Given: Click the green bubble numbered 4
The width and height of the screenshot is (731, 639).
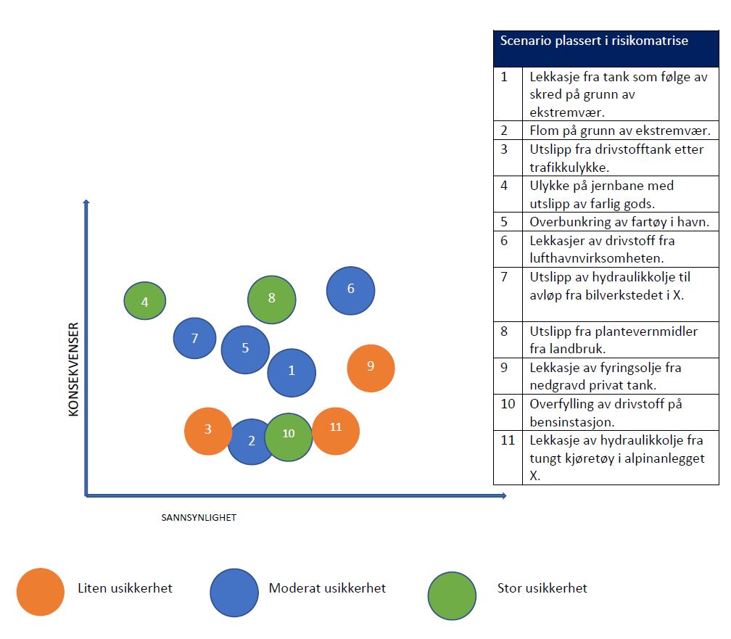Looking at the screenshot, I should click(145, 300).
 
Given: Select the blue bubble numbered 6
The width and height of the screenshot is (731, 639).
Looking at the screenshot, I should click(350, 290).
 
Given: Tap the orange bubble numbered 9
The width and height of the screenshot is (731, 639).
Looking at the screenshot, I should click(371, 368).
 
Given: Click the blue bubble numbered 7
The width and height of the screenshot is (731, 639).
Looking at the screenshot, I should click(194, 338).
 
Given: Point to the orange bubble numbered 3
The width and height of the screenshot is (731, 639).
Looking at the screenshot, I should click(208, 430).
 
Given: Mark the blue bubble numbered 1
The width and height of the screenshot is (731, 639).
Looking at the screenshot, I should click(292, 372).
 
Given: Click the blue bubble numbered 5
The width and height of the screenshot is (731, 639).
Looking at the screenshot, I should click(245, 349).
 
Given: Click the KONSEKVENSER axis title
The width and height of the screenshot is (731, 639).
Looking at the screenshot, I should click(73, 369).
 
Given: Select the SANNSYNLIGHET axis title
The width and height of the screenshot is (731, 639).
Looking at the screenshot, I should click(199, 518).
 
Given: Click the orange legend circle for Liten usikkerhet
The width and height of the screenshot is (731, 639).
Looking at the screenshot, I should click(41, 591).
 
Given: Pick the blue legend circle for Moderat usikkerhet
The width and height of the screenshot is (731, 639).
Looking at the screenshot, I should click(234, 591).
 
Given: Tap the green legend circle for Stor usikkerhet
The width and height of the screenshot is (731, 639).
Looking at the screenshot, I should click(452, 595).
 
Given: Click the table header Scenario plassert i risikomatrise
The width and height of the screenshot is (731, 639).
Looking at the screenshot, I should click(594, 41).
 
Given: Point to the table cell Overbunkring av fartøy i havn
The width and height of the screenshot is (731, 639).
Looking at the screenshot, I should click(619, 222).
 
